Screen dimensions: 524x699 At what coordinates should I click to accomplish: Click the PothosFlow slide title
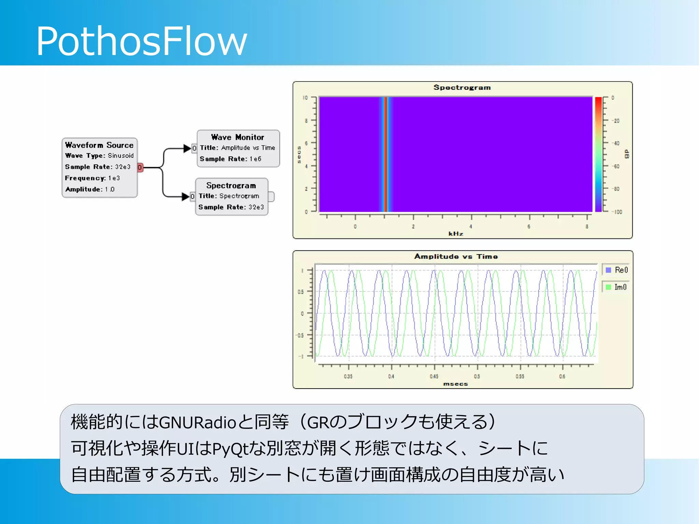coord(141,41)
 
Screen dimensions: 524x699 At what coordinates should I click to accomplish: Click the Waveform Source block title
coord(99,145)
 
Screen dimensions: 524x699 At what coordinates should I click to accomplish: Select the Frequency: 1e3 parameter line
coord(92,178)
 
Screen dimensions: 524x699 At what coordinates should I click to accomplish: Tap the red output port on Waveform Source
coord(140,167)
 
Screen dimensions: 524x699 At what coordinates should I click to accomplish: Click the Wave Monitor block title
coord(238,137)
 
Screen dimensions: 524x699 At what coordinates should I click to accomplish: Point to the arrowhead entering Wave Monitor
coord(187,148)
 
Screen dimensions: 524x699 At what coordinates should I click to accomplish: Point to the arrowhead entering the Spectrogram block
coord(185,196)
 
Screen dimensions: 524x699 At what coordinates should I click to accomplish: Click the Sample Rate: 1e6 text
coord(230,159)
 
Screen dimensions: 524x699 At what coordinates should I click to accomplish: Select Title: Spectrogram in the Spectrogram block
coord(229,196)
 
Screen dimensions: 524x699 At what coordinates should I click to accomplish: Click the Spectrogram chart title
coord(462,87)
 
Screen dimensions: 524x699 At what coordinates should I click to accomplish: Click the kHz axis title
coord(456,234)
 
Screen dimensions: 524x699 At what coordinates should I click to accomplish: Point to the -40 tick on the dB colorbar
coord(616,143)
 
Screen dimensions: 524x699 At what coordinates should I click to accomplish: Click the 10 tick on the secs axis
coord(305,98)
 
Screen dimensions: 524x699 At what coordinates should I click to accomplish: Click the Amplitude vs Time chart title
coord(456,257)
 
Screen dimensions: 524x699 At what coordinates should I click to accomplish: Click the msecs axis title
coord(455,384)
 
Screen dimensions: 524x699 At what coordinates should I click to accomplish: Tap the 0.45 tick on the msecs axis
coord(434,376)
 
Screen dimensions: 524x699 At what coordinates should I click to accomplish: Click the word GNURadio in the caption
coord(198,422)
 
